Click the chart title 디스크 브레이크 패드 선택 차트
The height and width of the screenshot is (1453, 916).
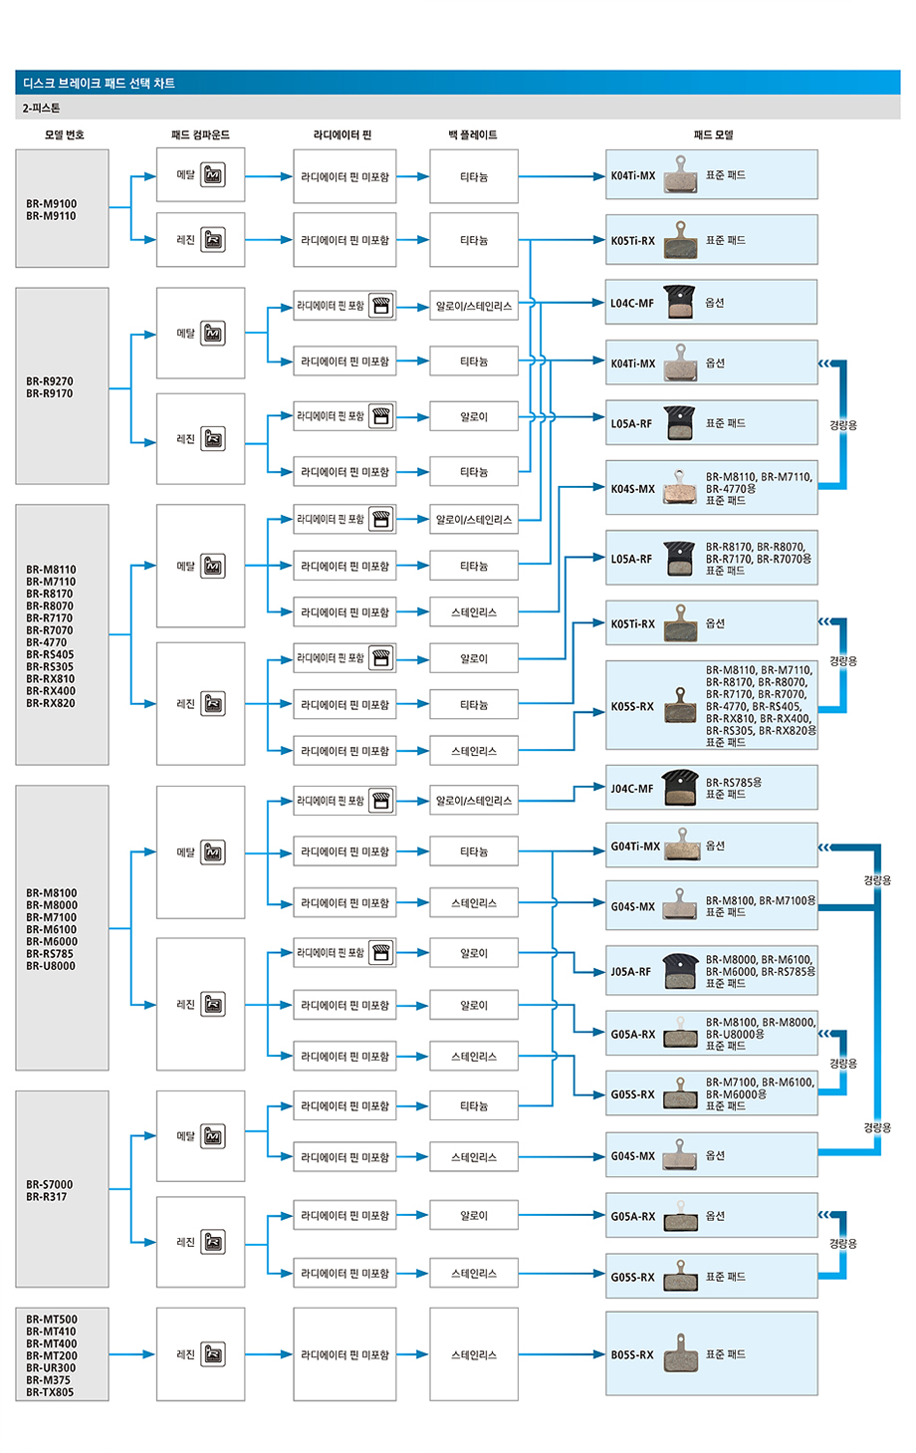click(x=100, y=84)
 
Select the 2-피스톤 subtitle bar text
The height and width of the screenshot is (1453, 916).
click(x=42, y=108)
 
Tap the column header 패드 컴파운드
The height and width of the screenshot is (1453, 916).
click(x=200, y=134)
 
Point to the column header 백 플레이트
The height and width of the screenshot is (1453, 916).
click(x=473, y=134)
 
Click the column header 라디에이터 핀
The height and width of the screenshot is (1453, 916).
click(x=343, y=134)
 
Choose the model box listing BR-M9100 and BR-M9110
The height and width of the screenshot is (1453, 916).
click(x=62, y=209)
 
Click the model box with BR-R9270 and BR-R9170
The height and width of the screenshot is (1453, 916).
click(x=62, y=386)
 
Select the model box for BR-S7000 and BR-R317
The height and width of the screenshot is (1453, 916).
click(x=62, y=1190)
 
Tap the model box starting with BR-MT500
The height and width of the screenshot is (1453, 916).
click(x=62, y=1355)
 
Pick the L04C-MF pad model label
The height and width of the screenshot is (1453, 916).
click(x=632, y=303)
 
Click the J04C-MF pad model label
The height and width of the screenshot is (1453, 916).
click(x=632, y=789)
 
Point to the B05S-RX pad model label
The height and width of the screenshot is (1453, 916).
click(x=632, y=1354)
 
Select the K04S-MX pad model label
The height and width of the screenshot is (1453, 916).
click(x=633, y=489)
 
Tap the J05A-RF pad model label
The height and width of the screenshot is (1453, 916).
click(x=631, y=972)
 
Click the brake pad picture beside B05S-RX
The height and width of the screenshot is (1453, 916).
click(x=681, y=1353)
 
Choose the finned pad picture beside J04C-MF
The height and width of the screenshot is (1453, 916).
click(x=680, y=787)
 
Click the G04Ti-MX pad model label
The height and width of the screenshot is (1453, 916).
click(x=635, y=847)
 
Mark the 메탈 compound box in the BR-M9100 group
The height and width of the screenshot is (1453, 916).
click(x=200, y=175)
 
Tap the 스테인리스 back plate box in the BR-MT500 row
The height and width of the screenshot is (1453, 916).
click(x=474, y=1354)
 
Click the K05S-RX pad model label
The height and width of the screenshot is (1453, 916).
click(x=633, y=707)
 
